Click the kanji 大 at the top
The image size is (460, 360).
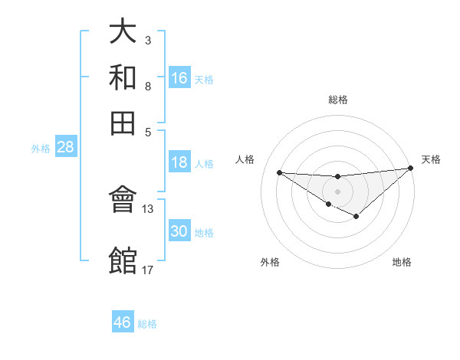(123, 31)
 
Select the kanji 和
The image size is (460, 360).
(123, 77)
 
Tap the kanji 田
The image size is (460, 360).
(123, 122)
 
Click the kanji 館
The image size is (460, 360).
(123, 260)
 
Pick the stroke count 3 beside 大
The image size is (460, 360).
(147, 40)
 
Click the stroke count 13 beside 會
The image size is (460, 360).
(148, 208)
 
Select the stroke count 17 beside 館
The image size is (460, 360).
(148, 269)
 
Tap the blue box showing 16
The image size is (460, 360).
(179, 78)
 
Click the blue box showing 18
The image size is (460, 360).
(179, 162)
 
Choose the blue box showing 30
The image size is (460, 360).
(179, 231)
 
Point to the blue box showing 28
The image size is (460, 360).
(65, 148)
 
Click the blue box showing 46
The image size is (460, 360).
(122, 322)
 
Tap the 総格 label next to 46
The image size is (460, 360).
(147, 324)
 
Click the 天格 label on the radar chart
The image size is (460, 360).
(431, 159)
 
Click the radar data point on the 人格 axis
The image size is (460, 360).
(279, 172)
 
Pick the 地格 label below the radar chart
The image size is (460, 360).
(402, 263)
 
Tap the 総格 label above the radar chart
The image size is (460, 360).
(338, 100)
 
